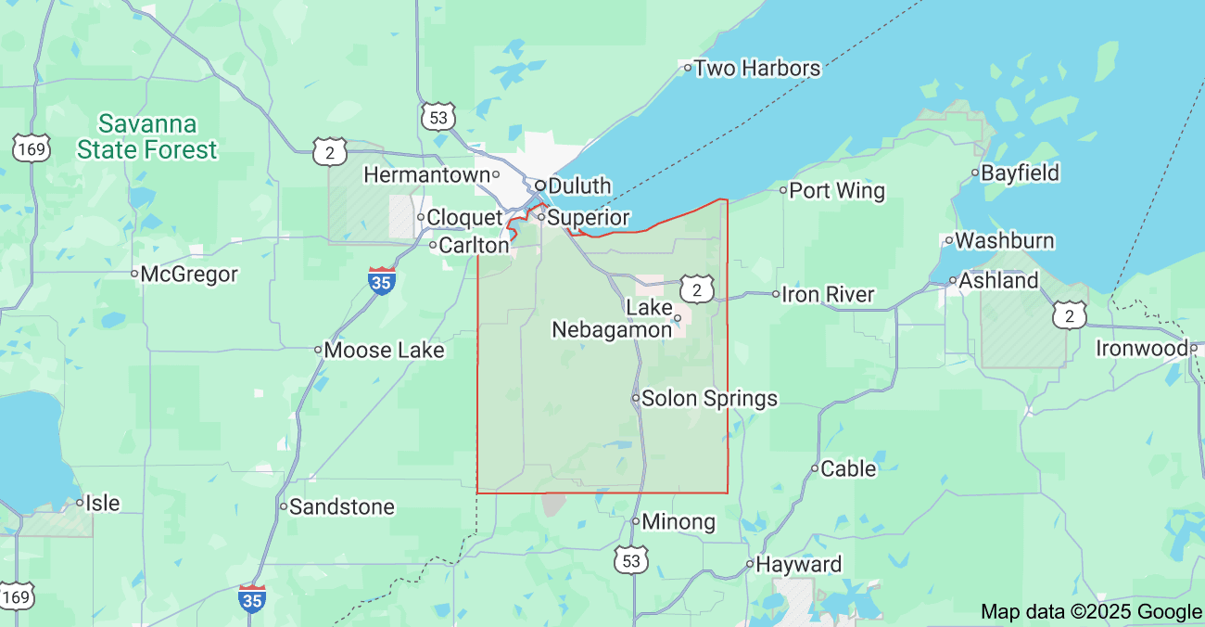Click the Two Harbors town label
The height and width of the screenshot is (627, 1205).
[756, 68]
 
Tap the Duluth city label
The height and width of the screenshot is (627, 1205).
[579, 186]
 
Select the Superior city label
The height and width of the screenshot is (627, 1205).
[588, 218]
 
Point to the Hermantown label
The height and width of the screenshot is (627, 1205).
[426, 174]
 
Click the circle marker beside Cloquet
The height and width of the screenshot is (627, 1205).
[420, 217]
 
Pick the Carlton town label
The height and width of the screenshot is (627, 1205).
[474, 246]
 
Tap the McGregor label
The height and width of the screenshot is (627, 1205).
[189, 274]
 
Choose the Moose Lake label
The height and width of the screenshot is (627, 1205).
[384, 351]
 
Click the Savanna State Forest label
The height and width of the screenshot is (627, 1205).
[147, 136]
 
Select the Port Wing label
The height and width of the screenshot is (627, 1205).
[837, 191]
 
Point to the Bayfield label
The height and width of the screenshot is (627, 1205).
[1020, 173]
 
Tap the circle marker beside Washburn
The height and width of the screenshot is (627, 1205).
[948, 240]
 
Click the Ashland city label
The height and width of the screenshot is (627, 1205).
[998, 280]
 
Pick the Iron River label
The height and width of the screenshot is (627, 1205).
[828, 294]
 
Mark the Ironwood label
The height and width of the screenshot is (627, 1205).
[1141, 349]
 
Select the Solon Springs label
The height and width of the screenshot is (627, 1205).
[709, 399]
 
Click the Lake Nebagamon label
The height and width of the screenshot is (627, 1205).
[612, 318]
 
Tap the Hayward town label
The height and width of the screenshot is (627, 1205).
[798, 564]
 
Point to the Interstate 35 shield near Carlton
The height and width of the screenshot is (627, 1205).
[381, 281]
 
